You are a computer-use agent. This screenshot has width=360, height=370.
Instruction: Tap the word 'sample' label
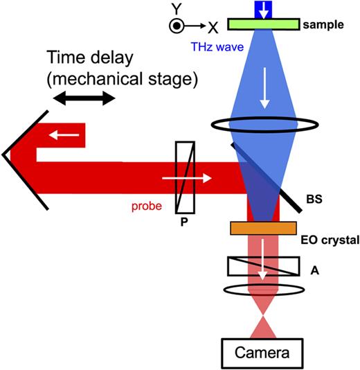[x=323, y=25]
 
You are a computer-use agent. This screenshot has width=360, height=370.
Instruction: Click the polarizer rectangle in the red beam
[x=186, y=177]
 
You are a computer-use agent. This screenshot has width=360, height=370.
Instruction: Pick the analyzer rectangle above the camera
[x=263, y=267]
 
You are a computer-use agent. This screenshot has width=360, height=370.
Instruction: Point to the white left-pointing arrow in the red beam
[x=67, y=135]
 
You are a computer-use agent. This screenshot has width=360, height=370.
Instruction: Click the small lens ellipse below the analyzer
[x=262, y=290]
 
